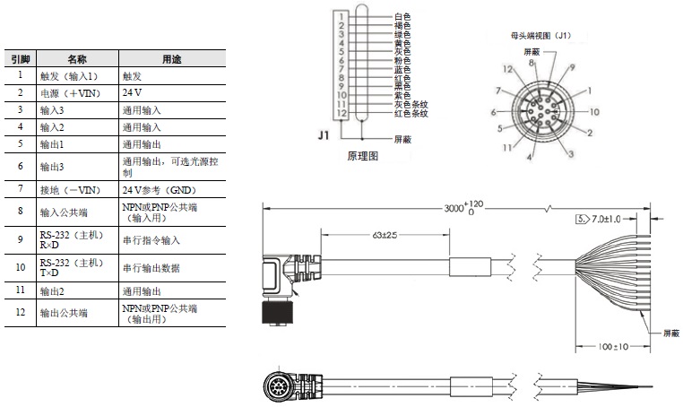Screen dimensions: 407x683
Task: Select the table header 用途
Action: click(170, 59)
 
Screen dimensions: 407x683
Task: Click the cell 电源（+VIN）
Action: click(65, 93)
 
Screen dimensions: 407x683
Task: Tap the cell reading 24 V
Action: click(133, 93)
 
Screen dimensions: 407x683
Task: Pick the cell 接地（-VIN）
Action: click(67, 190)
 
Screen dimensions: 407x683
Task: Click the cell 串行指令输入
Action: click(151, 239)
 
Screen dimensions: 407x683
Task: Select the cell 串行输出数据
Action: click(151, 266)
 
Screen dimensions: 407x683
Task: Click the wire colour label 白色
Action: click(402, 17)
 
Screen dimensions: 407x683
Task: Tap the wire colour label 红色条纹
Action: click(411, 113)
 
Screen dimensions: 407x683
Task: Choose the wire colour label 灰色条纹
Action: click(411, 104)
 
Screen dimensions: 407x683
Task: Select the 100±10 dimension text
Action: click(612, 346)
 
